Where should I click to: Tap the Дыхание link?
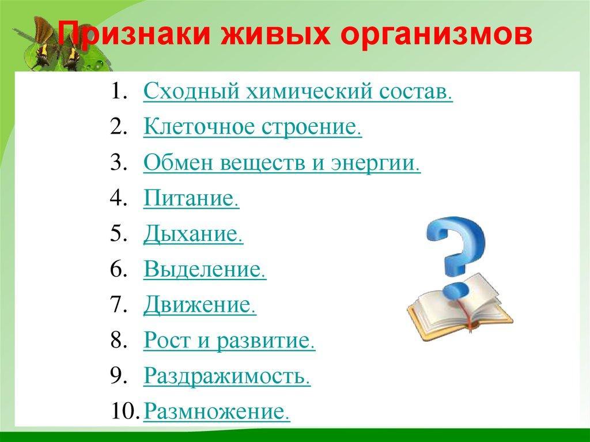tap(193, 234)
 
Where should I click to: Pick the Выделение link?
tap(205, 269)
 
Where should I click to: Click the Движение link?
tap(199, 305)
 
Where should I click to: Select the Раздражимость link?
tap(227, 376)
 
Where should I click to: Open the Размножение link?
tap(217, 411)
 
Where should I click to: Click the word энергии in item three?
tap(375, 163)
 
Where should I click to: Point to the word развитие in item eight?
tap(265, 341)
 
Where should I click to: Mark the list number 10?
tap(123, 411)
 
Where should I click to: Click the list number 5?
tap(118, 233)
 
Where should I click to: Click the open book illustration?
tap(460, 309)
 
